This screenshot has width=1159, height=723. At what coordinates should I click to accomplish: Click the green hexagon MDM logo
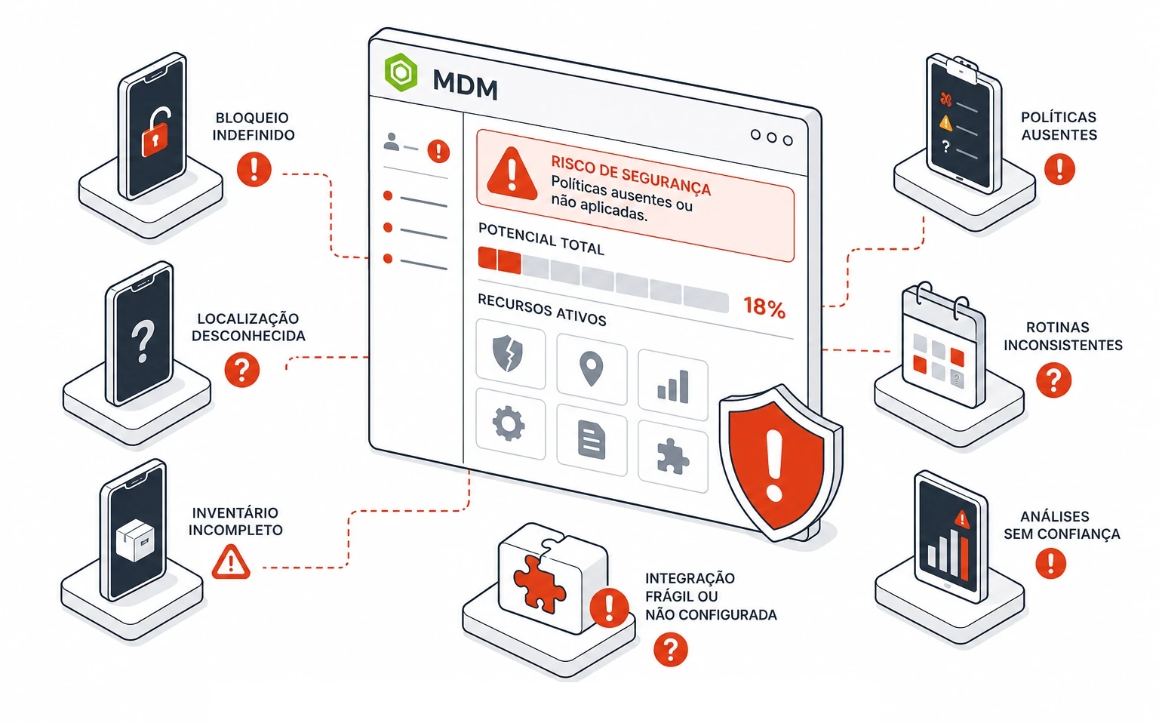[401, 72]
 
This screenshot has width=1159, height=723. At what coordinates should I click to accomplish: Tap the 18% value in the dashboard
[764, 307]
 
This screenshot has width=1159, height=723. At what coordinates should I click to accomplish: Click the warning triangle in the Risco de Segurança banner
[512, 173]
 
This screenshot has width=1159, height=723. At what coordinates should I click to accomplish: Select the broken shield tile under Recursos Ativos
[510, 353]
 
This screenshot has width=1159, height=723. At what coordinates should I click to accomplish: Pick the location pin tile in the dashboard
[592, 369]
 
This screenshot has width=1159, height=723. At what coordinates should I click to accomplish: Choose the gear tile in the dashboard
[509, 424]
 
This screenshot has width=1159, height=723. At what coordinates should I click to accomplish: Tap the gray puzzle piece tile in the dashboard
[672, 457]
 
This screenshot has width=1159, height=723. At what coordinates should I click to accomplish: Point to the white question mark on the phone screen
[143, 341]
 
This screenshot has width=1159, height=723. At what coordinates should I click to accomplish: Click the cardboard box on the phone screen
[136, 540]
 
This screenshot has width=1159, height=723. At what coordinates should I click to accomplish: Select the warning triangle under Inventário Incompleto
[231, 561]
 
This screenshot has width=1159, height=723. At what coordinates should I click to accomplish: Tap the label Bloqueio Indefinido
[254, 126]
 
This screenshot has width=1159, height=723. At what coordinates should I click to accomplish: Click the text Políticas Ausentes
[1059, 126]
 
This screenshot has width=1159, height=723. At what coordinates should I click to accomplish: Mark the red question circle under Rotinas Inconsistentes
[1053, 380]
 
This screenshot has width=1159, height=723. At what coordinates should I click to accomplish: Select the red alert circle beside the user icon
[438, 151]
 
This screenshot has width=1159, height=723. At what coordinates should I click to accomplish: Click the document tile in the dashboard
[592, 441]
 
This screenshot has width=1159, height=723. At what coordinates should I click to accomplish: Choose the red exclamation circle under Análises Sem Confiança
[1051, 564]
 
